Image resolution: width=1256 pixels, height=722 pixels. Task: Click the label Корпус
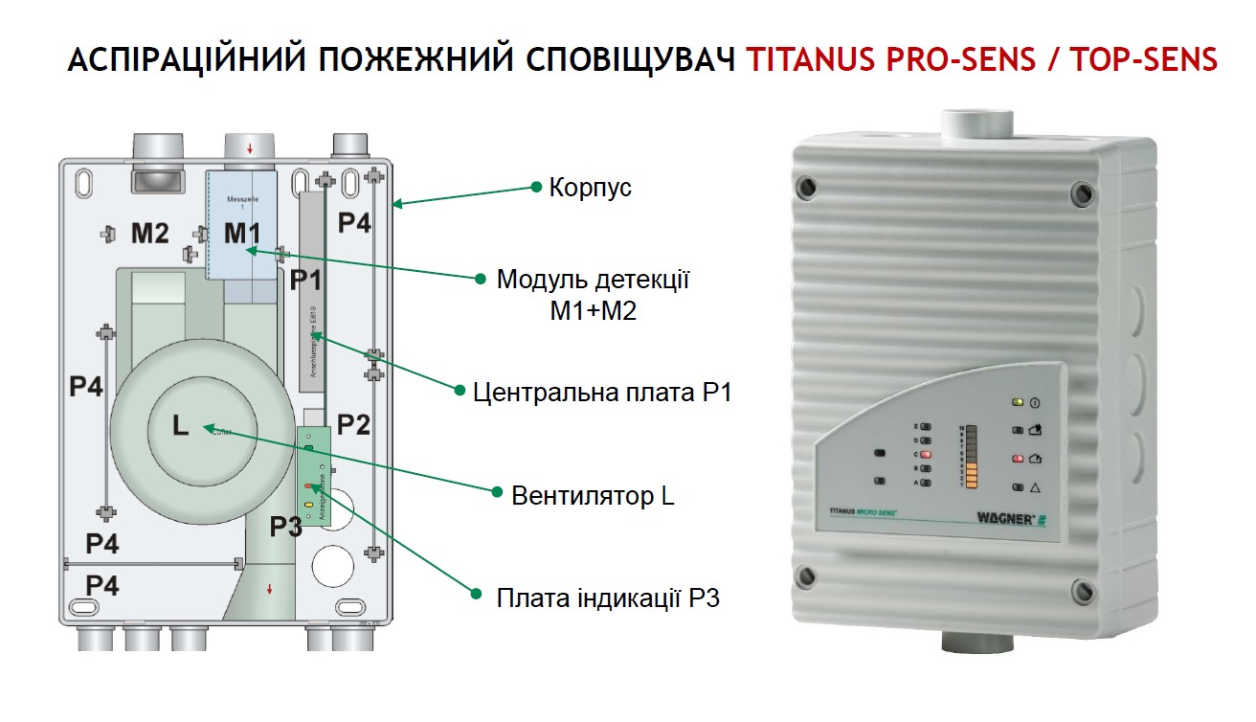pyautogui.click(x=590, y=188)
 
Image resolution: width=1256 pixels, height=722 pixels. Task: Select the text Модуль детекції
pyautogui.click(x=594, y=281)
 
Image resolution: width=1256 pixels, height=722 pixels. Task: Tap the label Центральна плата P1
pyautogui.click(x=602, y=392)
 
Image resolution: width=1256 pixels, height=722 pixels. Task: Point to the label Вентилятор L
pyautogui.click(x=594, y=496)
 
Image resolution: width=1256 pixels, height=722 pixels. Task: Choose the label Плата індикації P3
pyautogui.click(x=608, y=599)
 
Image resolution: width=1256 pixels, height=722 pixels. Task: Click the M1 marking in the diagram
pyautogui.click(x=242, y=233)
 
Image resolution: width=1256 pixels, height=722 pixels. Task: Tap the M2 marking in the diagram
pyautogui.click(x=150, y=233)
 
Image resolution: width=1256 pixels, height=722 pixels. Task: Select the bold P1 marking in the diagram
pyautogui.click(x=306, y=281)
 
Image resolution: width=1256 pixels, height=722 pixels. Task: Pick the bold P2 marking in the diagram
pyautogui.click(x=352, y=425)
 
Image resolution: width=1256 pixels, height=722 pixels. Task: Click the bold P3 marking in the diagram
pyautogui.click(x=285, y=526)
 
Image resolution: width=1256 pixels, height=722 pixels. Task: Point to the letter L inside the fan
pyautogui.click(x=180, y=426)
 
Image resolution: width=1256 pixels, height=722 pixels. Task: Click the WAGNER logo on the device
pyautogui.click(x=1030, y=517)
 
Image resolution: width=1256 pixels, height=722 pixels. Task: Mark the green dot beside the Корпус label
pyautogui.click(x=536, y=188)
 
